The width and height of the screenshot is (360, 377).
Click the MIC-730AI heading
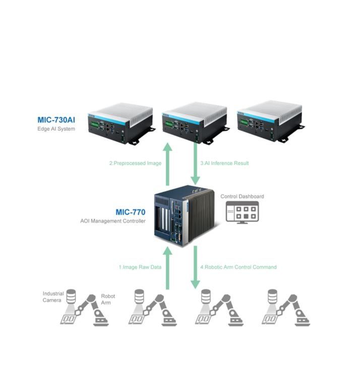click(x=56, y=120)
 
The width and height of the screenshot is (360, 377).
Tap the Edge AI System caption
click(x=56, y=129)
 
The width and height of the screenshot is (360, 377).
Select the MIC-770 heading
click(x=131, y=212)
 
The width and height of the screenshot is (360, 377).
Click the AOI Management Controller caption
click(x=113, y=221)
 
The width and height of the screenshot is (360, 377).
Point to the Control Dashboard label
click(x=242, y=197)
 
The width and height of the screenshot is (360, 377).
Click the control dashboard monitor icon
click(x=242, y=213)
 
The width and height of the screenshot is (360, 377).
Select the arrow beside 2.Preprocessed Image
click(x=167, y=164)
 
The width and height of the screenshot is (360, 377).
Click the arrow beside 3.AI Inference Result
click(x=195, y=164)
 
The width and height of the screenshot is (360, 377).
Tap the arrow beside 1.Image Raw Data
click(x=167, y=268)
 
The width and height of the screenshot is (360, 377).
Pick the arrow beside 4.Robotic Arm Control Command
click(x=195, y=267)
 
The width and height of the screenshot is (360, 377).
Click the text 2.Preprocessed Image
click(x=136, y=163)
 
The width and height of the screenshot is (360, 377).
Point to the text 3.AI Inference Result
click(x=224, y=163)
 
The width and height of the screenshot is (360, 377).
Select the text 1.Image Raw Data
click(x=140, y=267)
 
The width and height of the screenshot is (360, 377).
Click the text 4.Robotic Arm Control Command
click(x=238, y=267)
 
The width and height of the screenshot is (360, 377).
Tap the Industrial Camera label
click(x=53, y=297)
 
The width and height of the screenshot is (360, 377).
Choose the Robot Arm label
click(x=108, y=299)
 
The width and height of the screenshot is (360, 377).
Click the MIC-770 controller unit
click(x=185, y=216)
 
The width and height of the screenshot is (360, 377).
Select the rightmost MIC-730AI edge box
click(x=271, y=122)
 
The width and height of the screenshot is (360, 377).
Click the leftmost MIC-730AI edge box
click(x=122, y=124)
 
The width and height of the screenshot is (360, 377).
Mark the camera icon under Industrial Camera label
click(x=71, y=296)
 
